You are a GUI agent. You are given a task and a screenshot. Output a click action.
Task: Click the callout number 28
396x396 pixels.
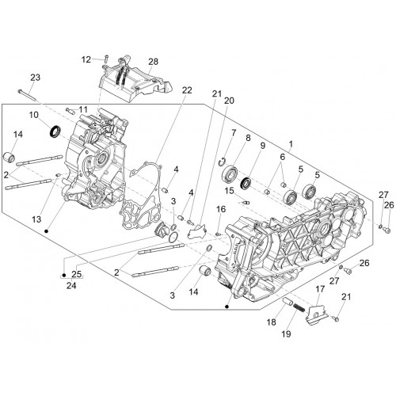click(x=153, y=62)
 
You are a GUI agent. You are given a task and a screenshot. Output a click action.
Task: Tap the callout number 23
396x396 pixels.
click(x=35, y=78)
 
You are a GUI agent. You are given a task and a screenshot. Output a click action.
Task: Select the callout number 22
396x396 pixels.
click(x=187, y=90)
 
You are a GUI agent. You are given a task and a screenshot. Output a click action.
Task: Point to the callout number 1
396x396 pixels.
click(x=291, y=144)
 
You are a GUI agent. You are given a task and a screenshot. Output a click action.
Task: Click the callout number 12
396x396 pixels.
click(x=86, y=59)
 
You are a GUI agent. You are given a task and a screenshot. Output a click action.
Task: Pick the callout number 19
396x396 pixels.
click(x=286, y=334)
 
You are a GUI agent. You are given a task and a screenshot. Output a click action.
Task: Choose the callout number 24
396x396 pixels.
click(x=71, y=285)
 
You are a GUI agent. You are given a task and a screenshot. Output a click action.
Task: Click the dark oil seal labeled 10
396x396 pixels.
click(x=55, y=131)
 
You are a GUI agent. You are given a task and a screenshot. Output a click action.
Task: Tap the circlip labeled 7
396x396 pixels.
click(x=223, y=162)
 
